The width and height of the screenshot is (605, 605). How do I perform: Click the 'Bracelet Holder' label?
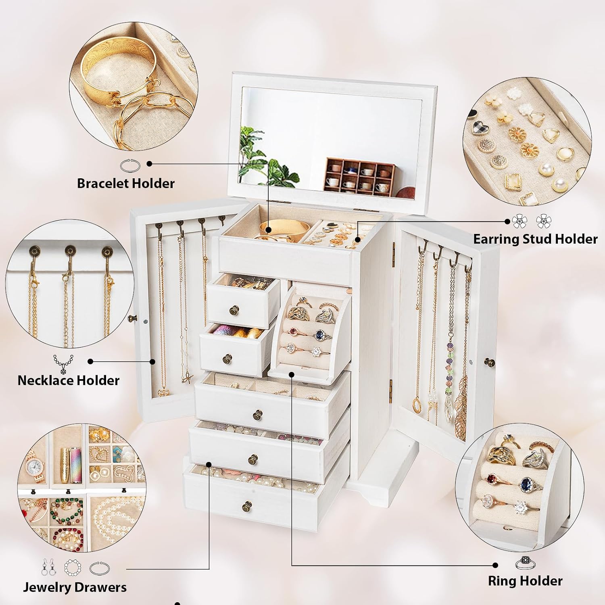(x=126, y=184)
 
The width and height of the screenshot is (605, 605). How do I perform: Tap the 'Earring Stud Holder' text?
(x=535, y=239)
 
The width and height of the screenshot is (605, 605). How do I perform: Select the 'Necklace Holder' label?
(x=69, y=380)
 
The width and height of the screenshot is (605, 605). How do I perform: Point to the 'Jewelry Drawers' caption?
(x=75, y=587)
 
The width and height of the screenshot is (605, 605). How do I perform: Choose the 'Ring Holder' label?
(x=525, y=581)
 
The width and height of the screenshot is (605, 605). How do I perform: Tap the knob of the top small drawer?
(x=234, y=310)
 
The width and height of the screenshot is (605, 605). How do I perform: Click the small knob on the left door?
(x=130, y=319)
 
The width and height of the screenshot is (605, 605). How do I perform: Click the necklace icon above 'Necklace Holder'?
(x=63, y=364)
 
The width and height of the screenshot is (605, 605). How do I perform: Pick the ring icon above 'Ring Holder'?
(x=525, y=562)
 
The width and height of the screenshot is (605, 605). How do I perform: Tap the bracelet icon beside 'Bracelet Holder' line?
(x=130, y=165)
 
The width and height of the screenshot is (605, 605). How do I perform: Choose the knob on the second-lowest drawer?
(x=252, y=459)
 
